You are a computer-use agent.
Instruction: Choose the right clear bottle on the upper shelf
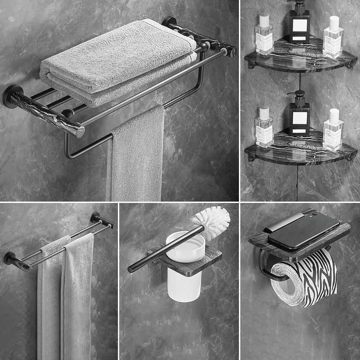333,38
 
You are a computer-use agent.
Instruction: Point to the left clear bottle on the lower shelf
264,128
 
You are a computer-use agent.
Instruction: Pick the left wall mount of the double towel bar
10,258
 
